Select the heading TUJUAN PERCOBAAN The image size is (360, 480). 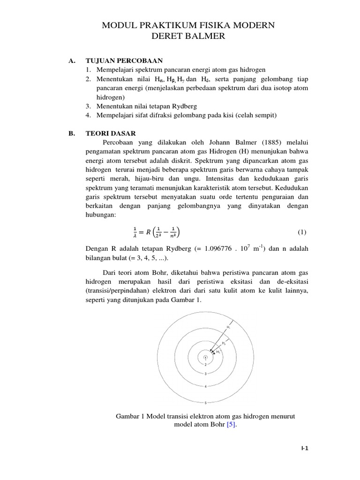(123, 60)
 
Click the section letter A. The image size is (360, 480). (72, 60)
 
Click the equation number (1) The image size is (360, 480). (302, 232)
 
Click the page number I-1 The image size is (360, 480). (305, 448)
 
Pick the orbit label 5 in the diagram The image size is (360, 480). (205, 403)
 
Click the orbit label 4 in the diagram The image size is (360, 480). (205, 386)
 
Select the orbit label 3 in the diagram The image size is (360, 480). (205, 374)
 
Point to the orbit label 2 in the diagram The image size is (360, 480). (205, 364)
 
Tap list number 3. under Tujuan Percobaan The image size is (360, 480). (88, 106)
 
